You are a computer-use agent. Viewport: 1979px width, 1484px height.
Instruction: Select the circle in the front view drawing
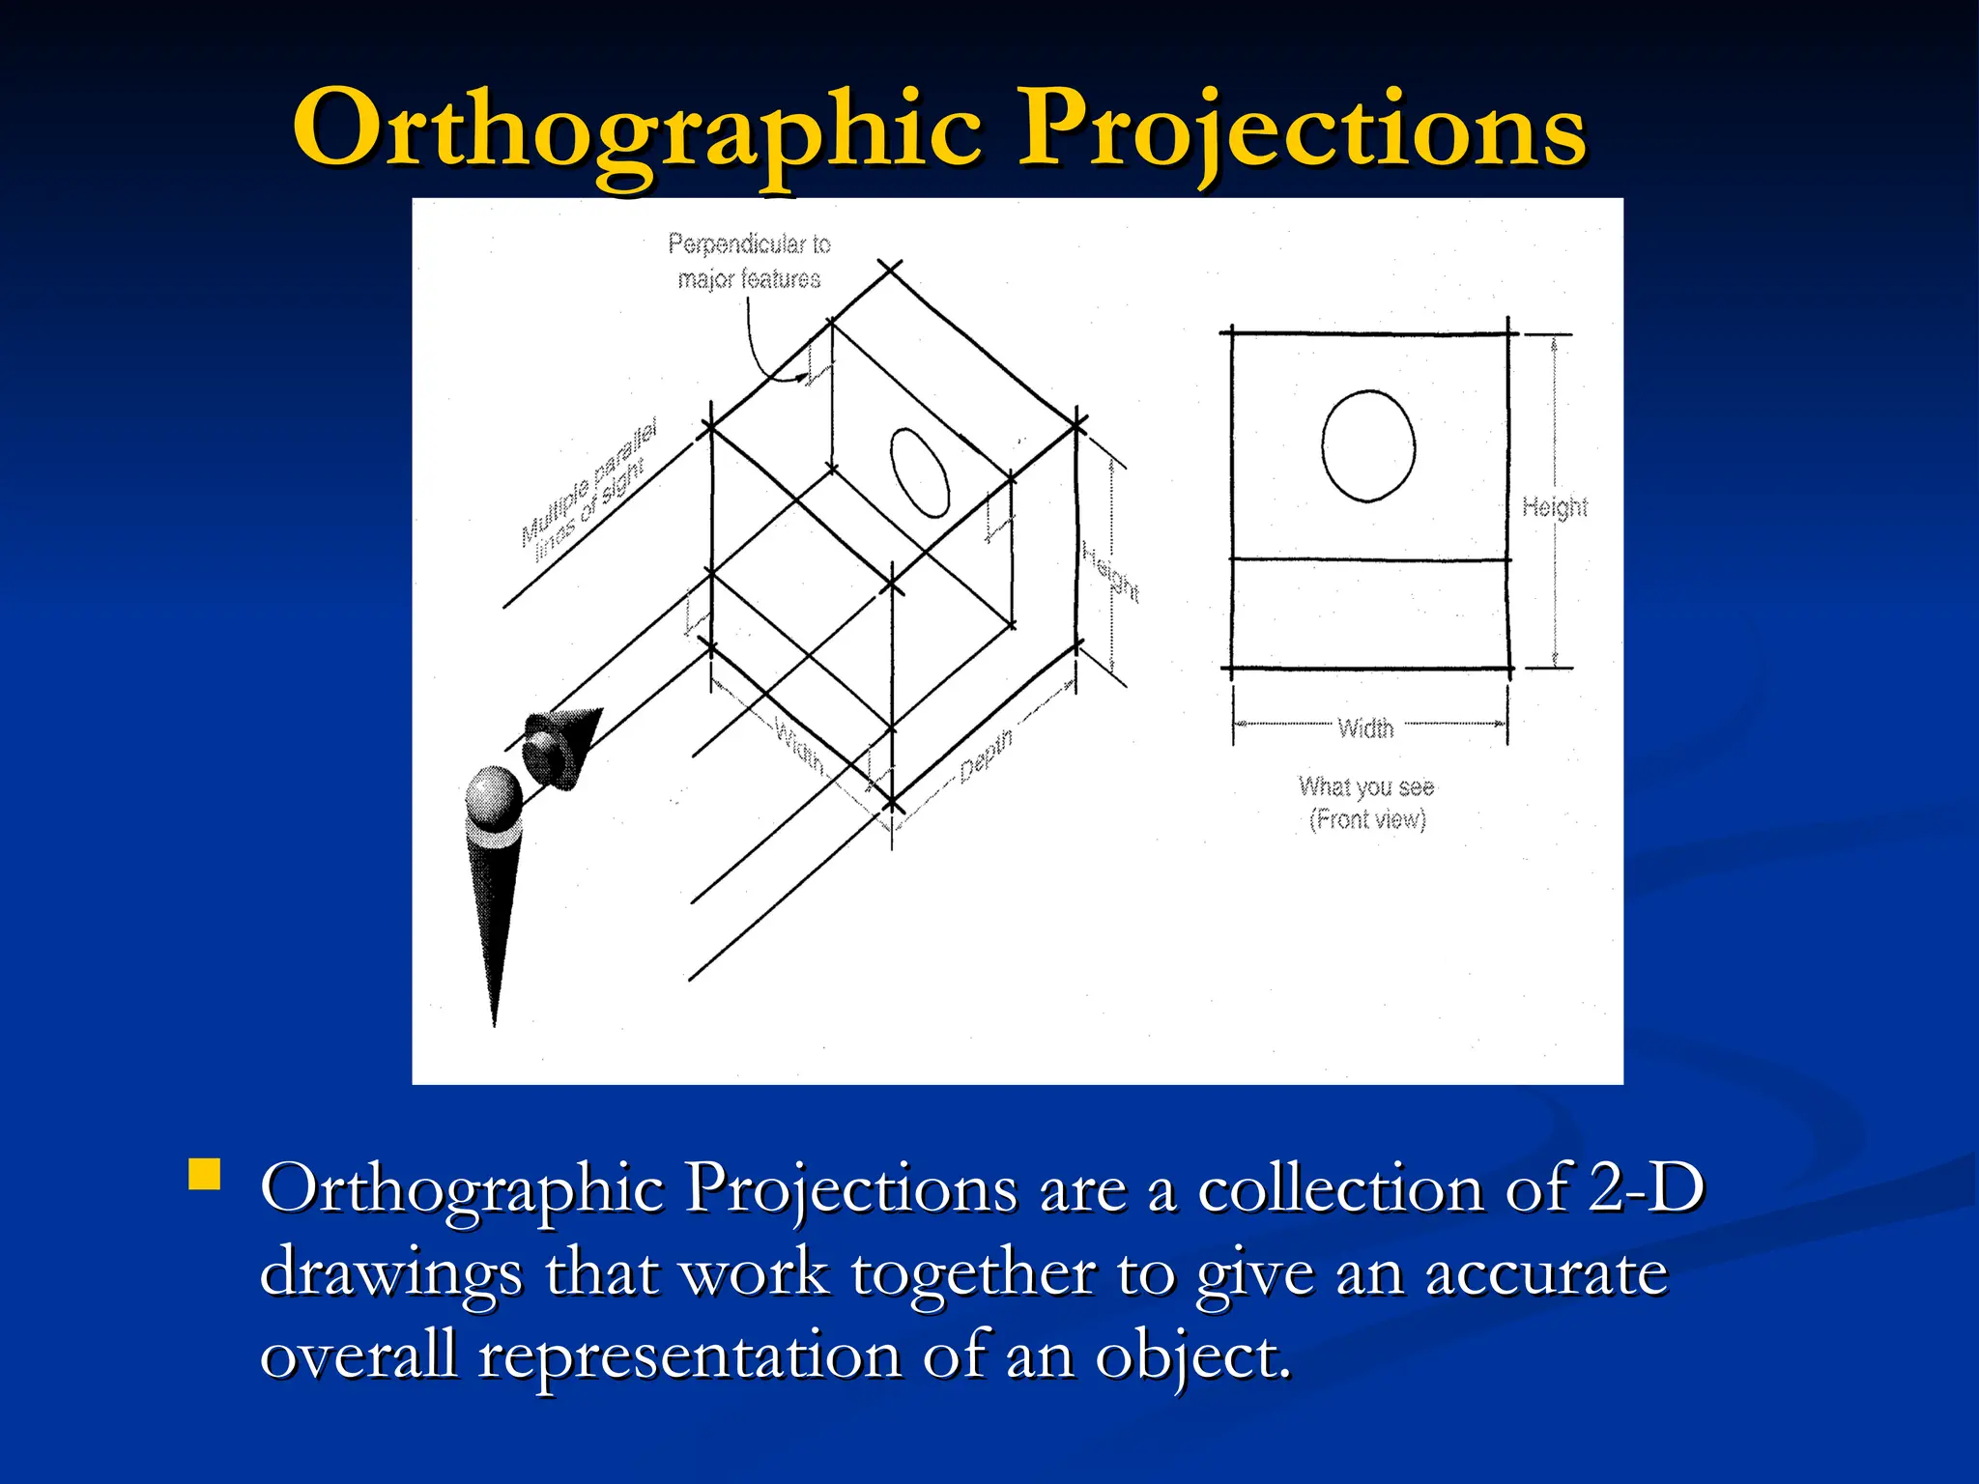[x=1368, y=446]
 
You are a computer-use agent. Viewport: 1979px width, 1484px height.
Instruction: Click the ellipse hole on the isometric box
[x=920, y=472]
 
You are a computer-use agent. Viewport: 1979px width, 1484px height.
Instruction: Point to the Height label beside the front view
[x=1554, y=507]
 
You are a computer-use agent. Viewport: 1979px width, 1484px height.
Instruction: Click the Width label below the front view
[x=1365, y=728]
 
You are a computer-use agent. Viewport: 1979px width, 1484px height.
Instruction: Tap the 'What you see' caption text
[x=1366, y=786]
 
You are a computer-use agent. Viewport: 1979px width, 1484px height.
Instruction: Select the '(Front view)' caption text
[x=1367, y=819]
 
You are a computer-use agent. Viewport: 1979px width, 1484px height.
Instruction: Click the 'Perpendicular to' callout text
[x=749, y=244]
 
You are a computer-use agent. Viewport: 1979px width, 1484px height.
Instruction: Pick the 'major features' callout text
[x=749, y=279]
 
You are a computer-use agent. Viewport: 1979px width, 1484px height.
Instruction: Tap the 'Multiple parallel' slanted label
[x=589, y=480]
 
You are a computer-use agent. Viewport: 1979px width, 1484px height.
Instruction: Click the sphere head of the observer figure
[x=494, y=795]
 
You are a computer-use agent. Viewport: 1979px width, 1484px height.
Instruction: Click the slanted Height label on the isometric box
[x=1110, y=572]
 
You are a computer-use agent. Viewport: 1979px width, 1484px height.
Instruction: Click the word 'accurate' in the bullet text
[x=1546, y=1271]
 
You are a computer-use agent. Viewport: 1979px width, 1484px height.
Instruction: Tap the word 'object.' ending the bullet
[x=1192, y=1355]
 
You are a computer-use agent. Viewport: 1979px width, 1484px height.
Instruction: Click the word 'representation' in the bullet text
[x=690, y=1355]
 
